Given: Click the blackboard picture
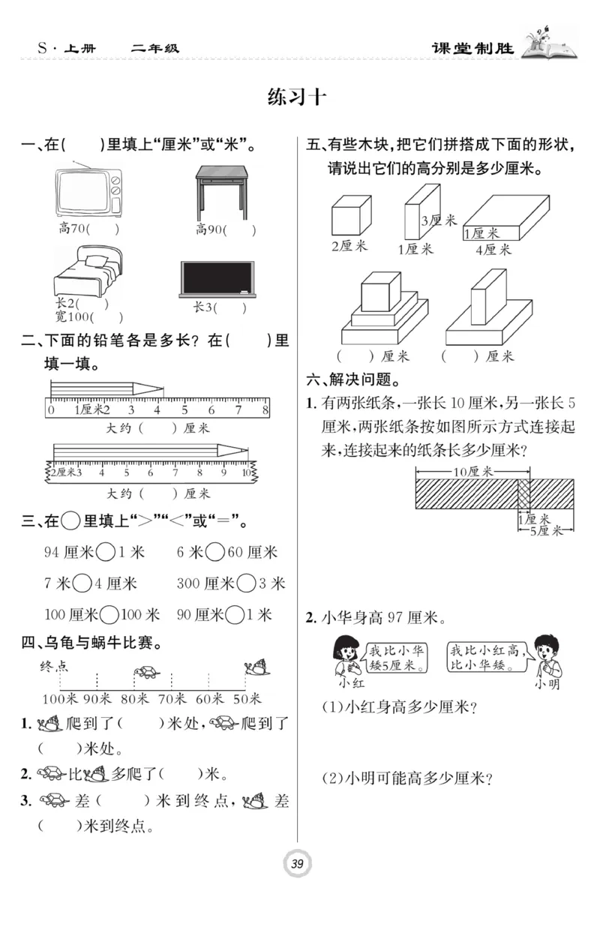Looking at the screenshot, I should coord(217,277).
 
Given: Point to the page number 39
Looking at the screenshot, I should coord(298,864).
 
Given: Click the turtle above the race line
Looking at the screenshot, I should coord(146,672).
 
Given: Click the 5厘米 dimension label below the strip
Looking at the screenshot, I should coord(547,531).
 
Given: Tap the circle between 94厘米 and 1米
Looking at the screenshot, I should coord(106,553).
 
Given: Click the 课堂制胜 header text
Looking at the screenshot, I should coord(473,49).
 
